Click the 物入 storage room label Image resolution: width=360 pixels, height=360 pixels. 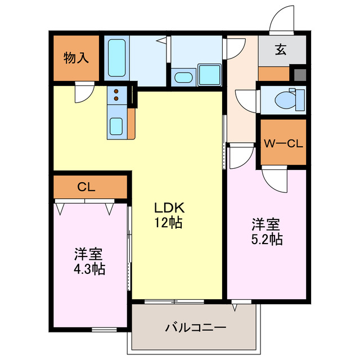[76, 57]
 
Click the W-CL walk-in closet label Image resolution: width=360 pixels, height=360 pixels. [283, 143]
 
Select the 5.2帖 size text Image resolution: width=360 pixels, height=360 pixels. [266, 239]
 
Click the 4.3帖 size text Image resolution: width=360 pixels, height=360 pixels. [89, 268]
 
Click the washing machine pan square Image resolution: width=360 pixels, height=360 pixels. [209, 74]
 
